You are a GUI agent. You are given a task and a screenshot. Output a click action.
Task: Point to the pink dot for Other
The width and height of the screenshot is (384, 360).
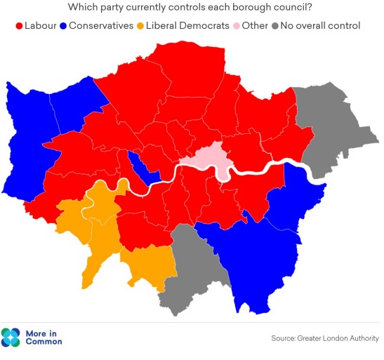pyautogui.click(x=236, y=26)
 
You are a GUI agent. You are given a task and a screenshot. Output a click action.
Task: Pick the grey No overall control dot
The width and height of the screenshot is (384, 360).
pyautogui.click(x=274, y=26)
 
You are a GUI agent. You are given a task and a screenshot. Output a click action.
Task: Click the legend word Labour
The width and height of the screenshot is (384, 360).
pyautogui.click(x=41, y=26)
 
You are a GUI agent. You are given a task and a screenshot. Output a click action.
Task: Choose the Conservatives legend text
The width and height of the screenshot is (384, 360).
pyautogui.click(x=101, y=26)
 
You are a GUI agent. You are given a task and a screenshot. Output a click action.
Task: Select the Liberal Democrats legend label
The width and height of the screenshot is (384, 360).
pyautogui.click(x=187, y=26)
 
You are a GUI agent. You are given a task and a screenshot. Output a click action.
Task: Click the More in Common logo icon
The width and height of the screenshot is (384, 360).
pyautogui.click(x=12, y=337)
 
